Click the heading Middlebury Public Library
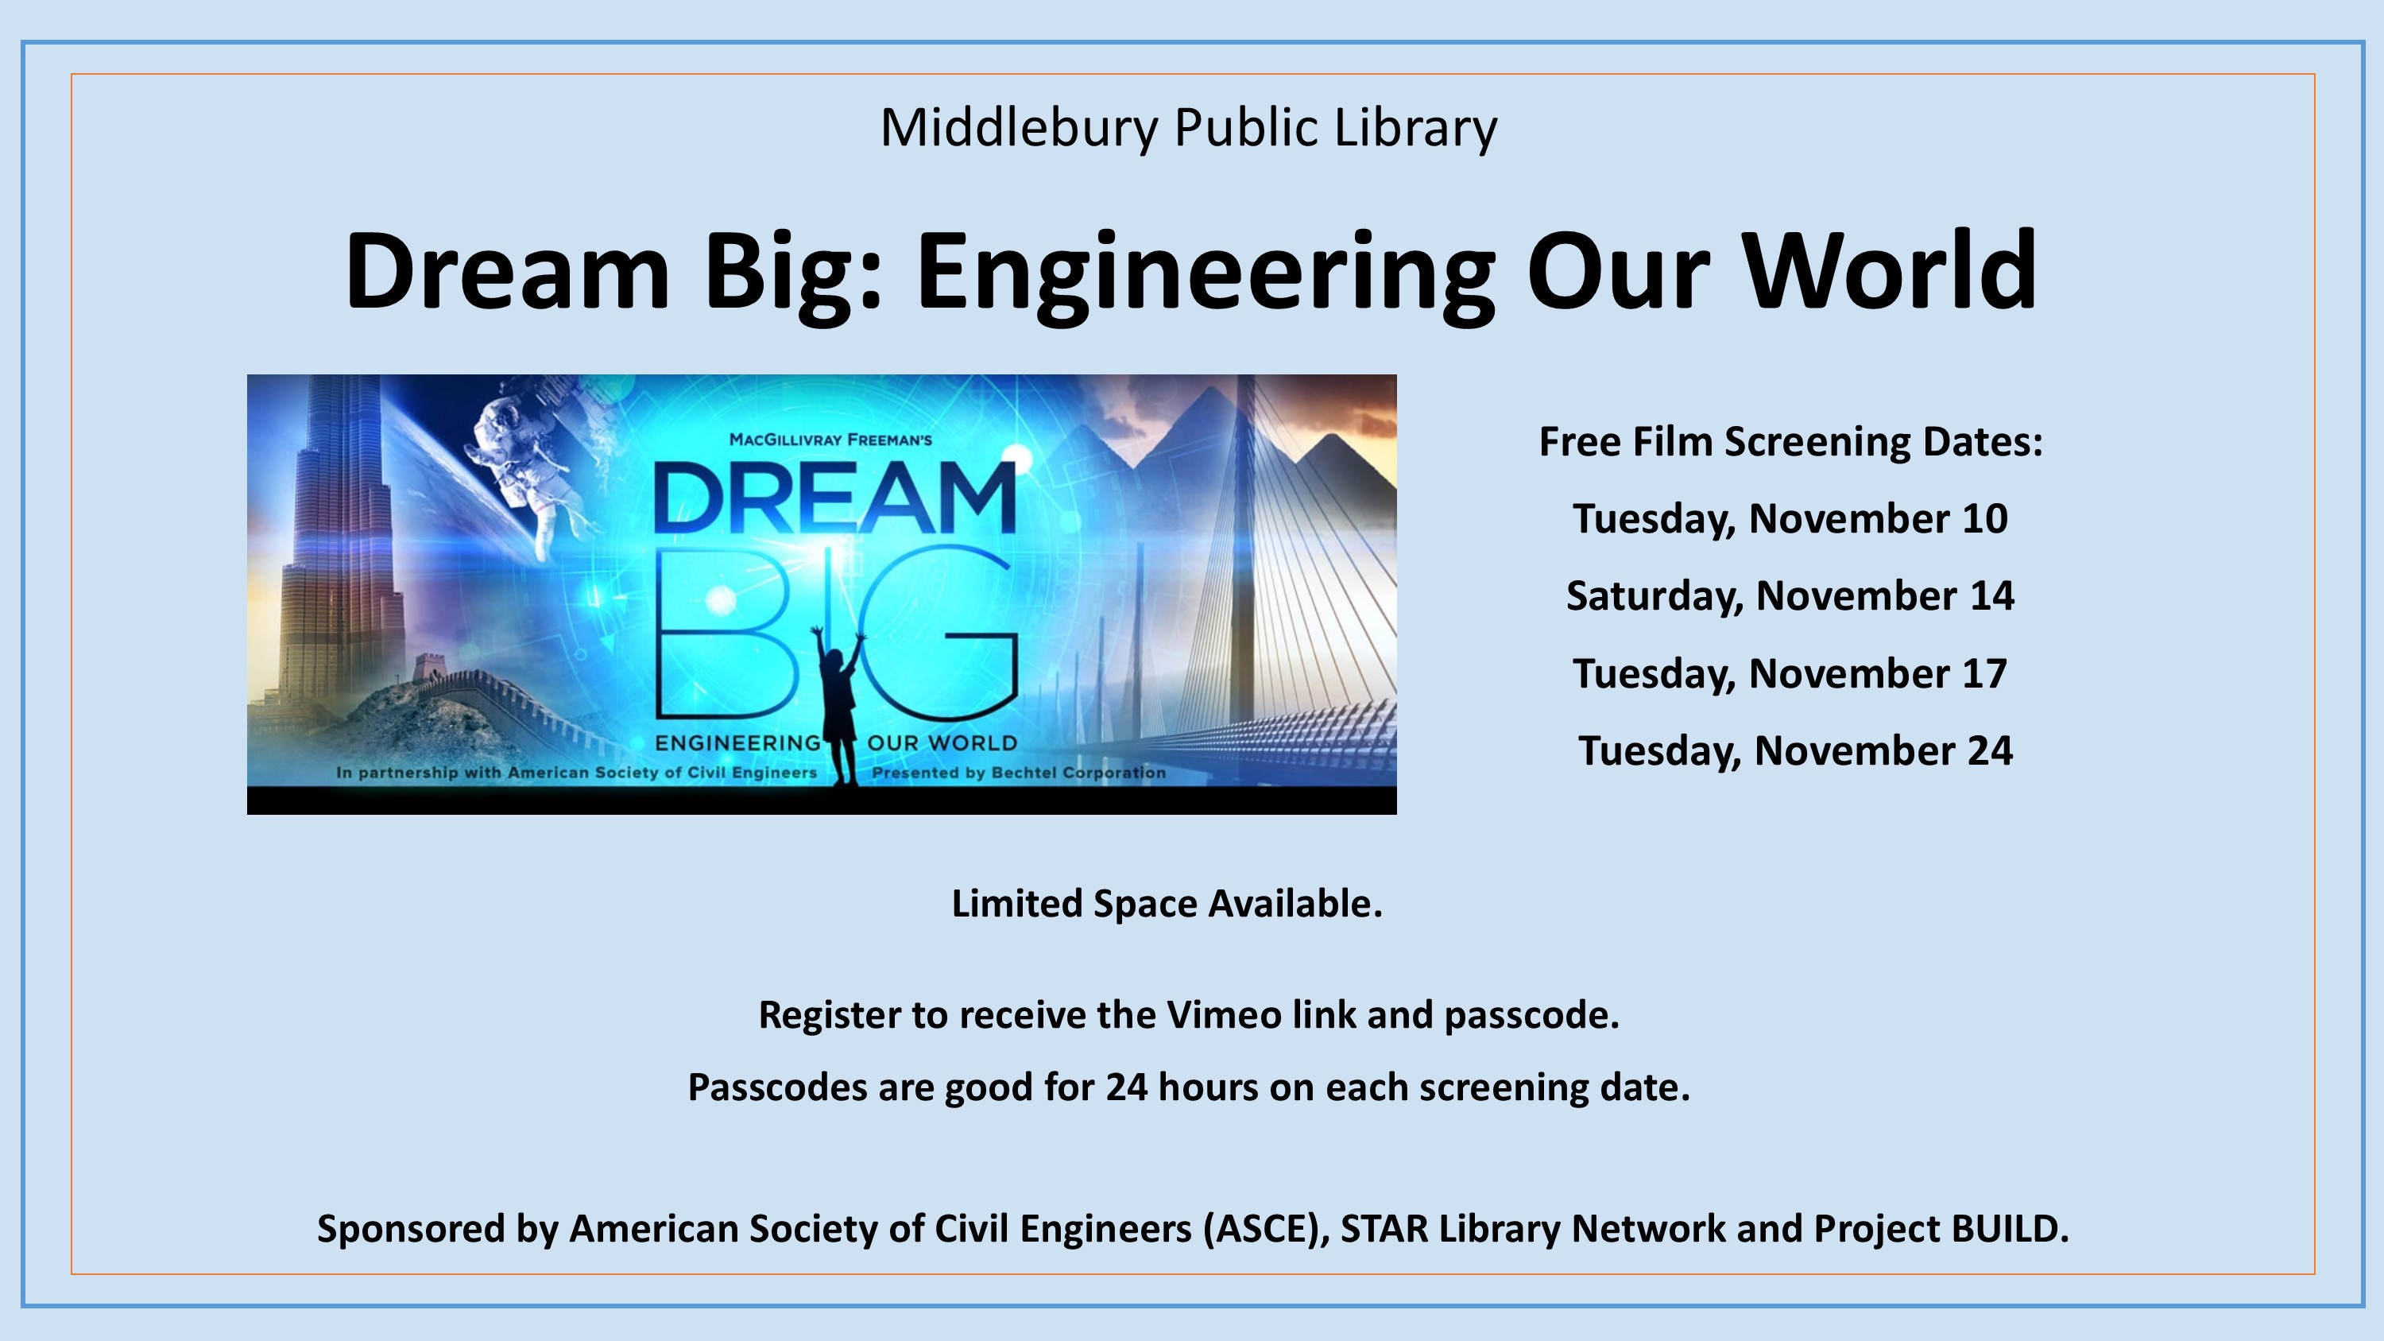[x=1188, y=128]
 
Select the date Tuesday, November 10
[x=1790, y=518]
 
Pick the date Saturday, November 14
[x=1790, y=596]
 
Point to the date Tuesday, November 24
[x=1795, y=750]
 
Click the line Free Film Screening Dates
[x=1790, y=441]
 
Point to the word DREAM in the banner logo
[x=834, y=498]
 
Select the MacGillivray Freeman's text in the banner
[x=830, y=440]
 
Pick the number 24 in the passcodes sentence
[x=1126, y=1087]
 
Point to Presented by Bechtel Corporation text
[x=1019, y=773]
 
